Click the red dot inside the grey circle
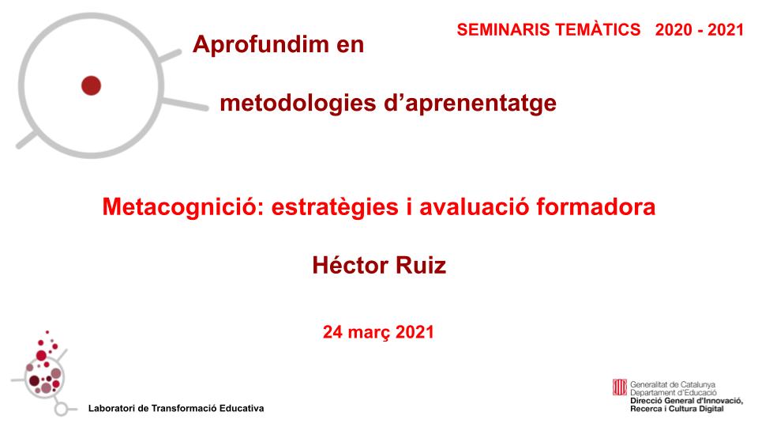(x=91, y=85)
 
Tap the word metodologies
(x=298, y=103)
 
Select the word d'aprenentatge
(x=470, y=103)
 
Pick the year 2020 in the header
(x=674, y=29)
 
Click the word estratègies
(x=335, y=206)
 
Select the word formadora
(x=596, y=206)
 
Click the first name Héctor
(x=350, y=266)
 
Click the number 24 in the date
(x=333, y=332)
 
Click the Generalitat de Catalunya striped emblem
(x=620, y=387)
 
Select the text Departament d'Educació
(x=674, y=393)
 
